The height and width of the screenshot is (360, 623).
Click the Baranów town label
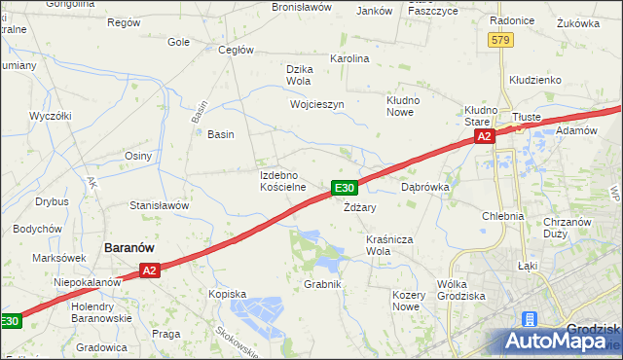click(x=131, y=248)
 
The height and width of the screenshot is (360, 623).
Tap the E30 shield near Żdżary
click(x=346, y=188)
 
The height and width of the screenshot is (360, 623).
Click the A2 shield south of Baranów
click(x=148, y=271)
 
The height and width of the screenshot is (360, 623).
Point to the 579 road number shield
click(x=500, y=39)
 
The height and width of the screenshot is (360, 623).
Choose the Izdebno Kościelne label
click(x=283, y=180)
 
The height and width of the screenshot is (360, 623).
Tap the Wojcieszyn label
click(x=317, y=103)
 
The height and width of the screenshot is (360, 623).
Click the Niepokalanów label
click(x=87, y=281)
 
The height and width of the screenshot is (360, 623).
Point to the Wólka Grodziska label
click(x=461, y=290)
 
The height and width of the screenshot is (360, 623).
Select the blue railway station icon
click(x=530, y=319)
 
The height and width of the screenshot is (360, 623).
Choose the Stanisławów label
click(x=159, y=206)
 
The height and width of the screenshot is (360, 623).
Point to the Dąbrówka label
click(x=423, y=186)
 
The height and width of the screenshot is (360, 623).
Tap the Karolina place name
click(x=351, y=58)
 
